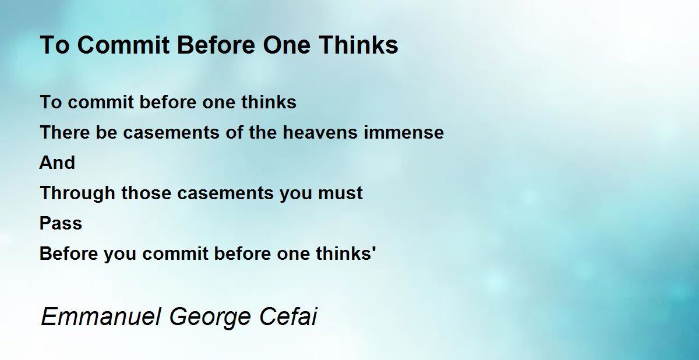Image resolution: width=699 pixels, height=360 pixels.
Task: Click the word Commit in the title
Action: point(123,45)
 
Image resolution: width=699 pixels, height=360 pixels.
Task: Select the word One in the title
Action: point(287,45)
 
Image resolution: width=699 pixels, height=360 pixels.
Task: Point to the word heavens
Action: point(320,132)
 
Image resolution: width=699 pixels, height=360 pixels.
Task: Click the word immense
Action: point(404,132)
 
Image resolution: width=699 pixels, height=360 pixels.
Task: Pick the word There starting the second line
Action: point(65,132)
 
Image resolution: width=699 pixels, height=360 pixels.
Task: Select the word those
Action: point(146,192)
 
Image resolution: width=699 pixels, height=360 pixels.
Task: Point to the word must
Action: point(340,192)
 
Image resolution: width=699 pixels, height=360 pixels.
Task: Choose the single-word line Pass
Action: point(61,223)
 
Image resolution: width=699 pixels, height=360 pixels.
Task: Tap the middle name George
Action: point(210,317)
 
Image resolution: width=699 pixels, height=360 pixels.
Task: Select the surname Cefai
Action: point(288,316)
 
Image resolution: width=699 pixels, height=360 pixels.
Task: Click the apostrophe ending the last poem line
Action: point(374,249)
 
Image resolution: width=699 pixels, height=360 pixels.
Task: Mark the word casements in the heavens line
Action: point(171,132)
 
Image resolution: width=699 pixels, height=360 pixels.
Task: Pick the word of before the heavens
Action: point(234,132)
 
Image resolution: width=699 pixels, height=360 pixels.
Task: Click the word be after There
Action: point(107,132)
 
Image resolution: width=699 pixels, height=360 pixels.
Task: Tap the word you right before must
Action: point(295,194)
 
